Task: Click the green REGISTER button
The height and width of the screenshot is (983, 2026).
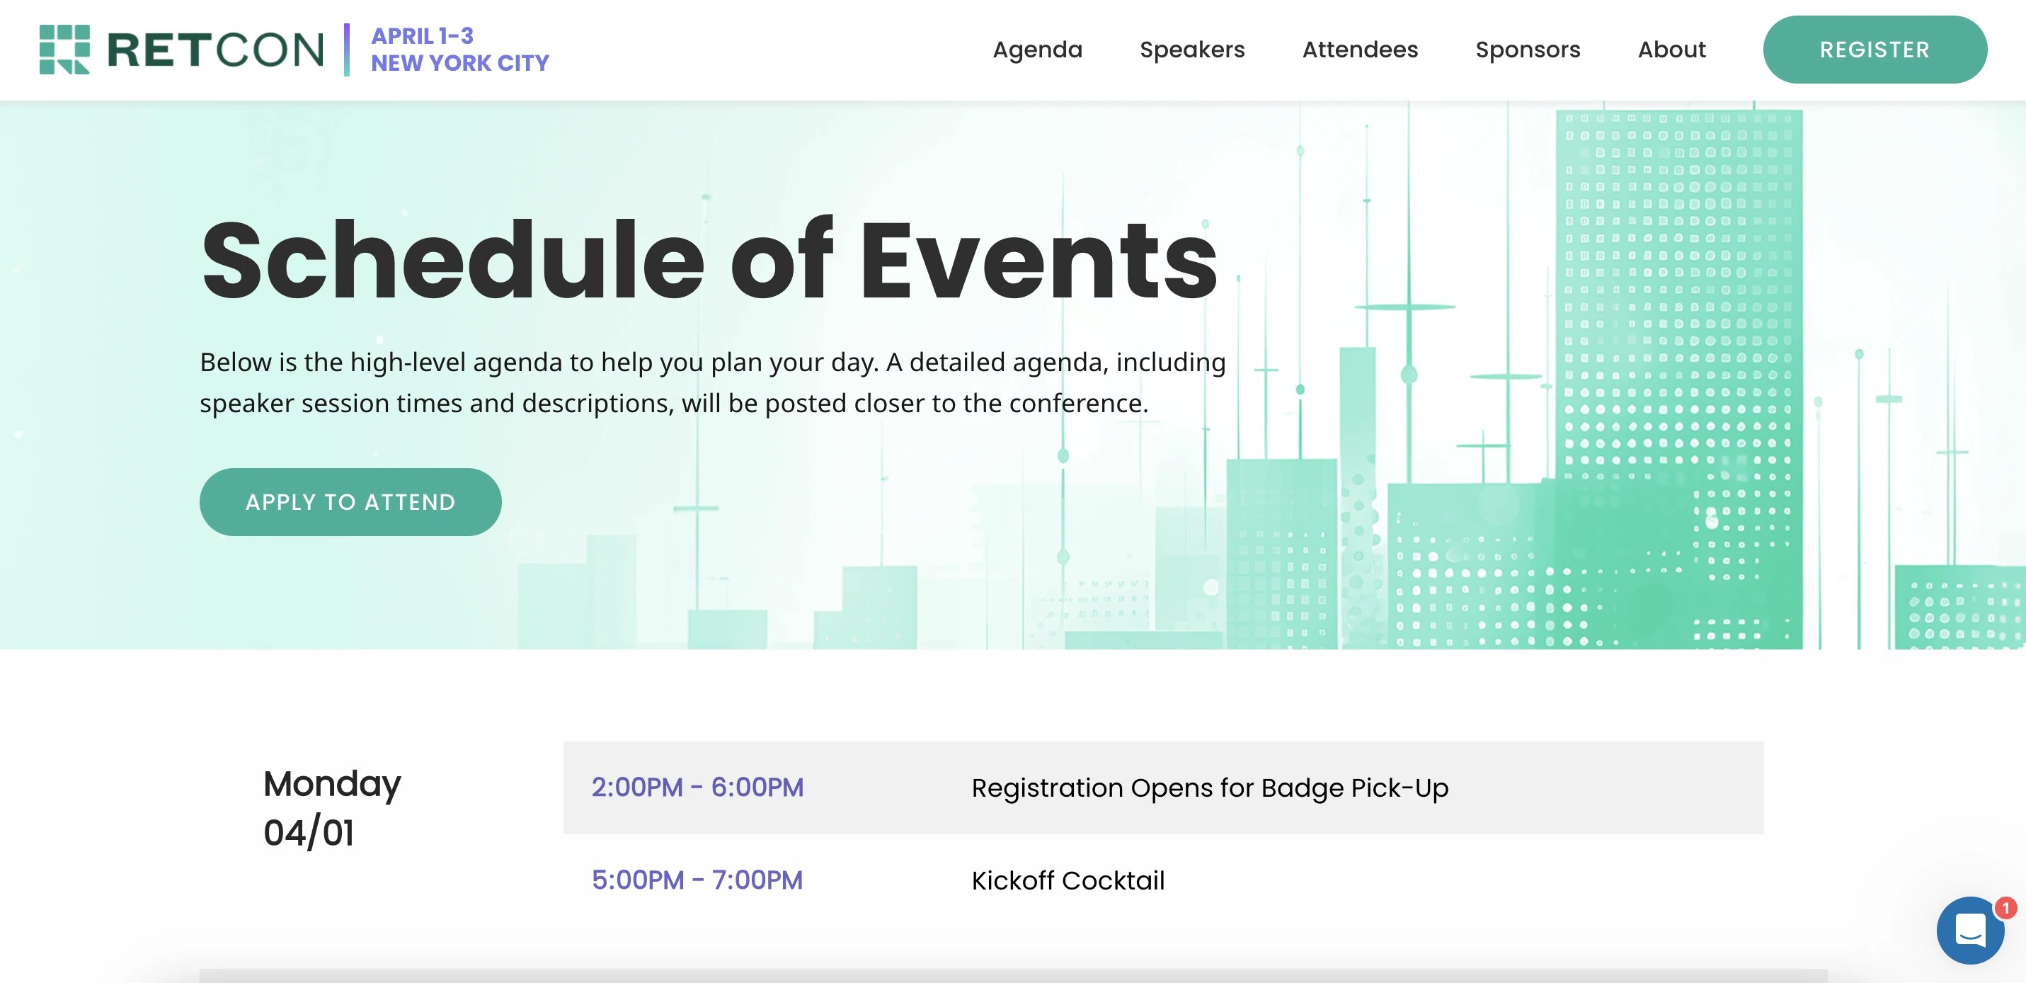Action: click(1875, 50)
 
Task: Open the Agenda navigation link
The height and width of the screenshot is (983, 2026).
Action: click(1036, 50)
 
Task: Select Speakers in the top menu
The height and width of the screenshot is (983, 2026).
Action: click(1191, 50)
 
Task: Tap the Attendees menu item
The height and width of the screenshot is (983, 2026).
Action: click(1360, 50)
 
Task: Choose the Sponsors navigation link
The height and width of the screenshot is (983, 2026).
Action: click(1528, 50)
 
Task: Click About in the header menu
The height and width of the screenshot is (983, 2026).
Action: click(1671, 50)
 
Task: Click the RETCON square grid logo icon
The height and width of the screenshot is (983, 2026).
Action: click(64, 49)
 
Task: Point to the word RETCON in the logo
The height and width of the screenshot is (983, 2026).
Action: click(214, 50)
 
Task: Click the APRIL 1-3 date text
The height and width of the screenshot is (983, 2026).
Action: click(423, 36)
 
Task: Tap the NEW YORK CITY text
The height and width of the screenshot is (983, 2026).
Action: click(460, 63)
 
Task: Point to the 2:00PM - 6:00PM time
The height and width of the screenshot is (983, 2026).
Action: click(697, 787)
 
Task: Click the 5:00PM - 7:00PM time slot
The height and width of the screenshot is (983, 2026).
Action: click(697, 880)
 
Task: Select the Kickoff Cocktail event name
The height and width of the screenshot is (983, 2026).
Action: click(1068, 880)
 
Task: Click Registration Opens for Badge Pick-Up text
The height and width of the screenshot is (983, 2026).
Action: click(1210, 788)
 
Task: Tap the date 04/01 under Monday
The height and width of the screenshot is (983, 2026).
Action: click(309, 833)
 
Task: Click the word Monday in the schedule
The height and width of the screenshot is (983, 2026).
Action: click(332, 784)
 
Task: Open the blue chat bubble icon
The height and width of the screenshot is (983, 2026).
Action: click(1969, 931)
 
